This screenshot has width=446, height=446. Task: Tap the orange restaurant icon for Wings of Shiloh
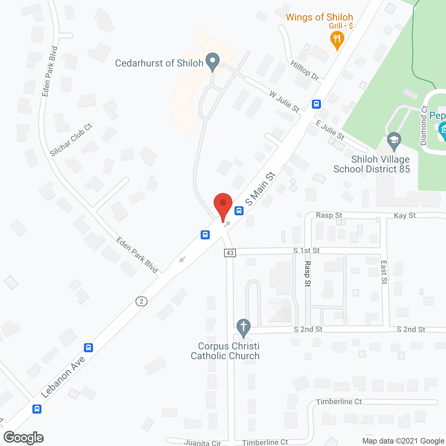[337, 39]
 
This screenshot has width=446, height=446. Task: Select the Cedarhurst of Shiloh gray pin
[212, 61]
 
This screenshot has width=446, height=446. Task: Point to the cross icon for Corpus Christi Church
[244, 328]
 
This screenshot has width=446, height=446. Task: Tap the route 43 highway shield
[230, 253]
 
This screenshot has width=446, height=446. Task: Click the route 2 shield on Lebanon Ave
[141, 301]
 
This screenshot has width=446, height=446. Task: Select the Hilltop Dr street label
[305, 70]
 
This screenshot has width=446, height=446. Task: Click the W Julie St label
[284, 101]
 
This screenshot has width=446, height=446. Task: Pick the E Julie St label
[330, 130]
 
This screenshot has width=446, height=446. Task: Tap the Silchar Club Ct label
[71, 140]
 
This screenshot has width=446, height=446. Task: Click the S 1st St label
[306, 251]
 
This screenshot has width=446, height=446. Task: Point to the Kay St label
[405, 216]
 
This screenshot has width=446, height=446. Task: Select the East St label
[384, 272]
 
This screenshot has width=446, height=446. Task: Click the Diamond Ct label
[424, 125]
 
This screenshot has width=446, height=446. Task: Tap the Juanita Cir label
[202, 443]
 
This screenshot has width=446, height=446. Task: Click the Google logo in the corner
[24, 438]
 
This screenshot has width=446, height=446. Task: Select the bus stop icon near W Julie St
[316, 104]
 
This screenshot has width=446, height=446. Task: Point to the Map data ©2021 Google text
[403, 441]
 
